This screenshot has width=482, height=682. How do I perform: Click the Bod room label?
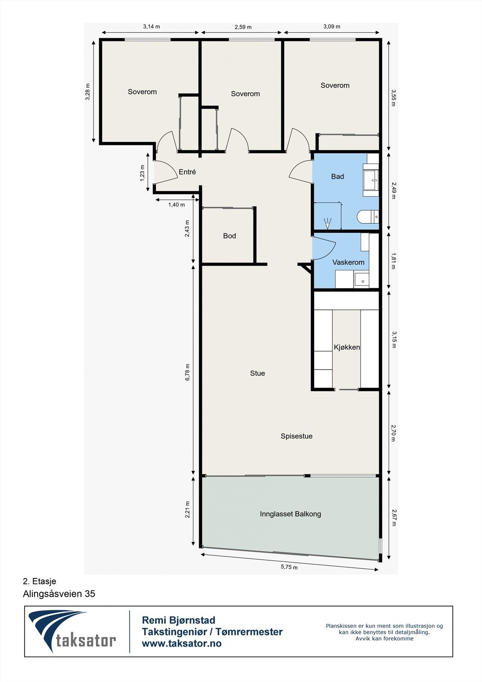[229, 236]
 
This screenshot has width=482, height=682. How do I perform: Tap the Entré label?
[187, 172]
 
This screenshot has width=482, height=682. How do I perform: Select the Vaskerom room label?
[348, 262]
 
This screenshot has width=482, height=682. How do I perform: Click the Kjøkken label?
[347, 347]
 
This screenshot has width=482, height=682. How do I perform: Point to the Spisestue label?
[297, 436]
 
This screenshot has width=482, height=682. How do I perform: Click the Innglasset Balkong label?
[290, 514]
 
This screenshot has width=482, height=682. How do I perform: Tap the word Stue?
[257, 373]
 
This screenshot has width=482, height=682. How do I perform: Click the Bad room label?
[338, 176]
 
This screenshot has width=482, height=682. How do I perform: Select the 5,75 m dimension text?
[289, 567]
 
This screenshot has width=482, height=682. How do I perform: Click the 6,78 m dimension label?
[188, 372]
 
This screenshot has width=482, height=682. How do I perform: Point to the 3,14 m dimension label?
[151, 26]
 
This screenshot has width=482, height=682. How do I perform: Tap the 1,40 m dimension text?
[176, 205]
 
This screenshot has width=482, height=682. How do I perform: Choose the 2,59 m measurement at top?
[243, 27]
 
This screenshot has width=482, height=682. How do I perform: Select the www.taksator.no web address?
[182, 644]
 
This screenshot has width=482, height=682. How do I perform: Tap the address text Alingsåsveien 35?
[59, 594]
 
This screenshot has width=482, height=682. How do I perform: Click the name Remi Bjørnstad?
[178, 620]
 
